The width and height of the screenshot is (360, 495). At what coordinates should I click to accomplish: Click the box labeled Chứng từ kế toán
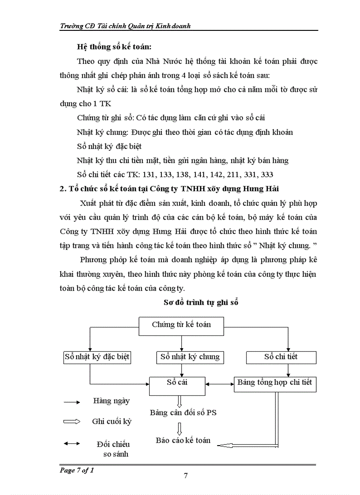[x=181, y=325]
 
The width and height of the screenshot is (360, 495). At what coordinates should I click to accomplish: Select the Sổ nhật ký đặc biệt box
[x=97, y=357]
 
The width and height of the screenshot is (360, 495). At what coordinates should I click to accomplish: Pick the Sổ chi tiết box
[x=281, y=357]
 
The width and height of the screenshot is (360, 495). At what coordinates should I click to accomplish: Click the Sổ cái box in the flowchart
[x=177, y=383]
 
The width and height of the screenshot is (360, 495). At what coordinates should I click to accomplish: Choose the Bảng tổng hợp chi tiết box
[x=274, y=383]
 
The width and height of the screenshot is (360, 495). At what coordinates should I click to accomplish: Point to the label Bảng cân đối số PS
[x=183, y=413]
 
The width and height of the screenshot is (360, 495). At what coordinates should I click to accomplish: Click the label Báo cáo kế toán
[x=183, y=440]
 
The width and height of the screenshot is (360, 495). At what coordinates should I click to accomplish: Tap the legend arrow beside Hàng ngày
[x=71, y=402]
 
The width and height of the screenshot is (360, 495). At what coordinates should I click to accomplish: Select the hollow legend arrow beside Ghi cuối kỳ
[x=71, y=422]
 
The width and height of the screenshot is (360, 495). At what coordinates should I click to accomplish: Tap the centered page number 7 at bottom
[x=185, y=476]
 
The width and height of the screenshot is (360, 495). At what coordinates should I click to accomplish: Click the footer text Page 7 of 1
[x=77, y=470]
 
